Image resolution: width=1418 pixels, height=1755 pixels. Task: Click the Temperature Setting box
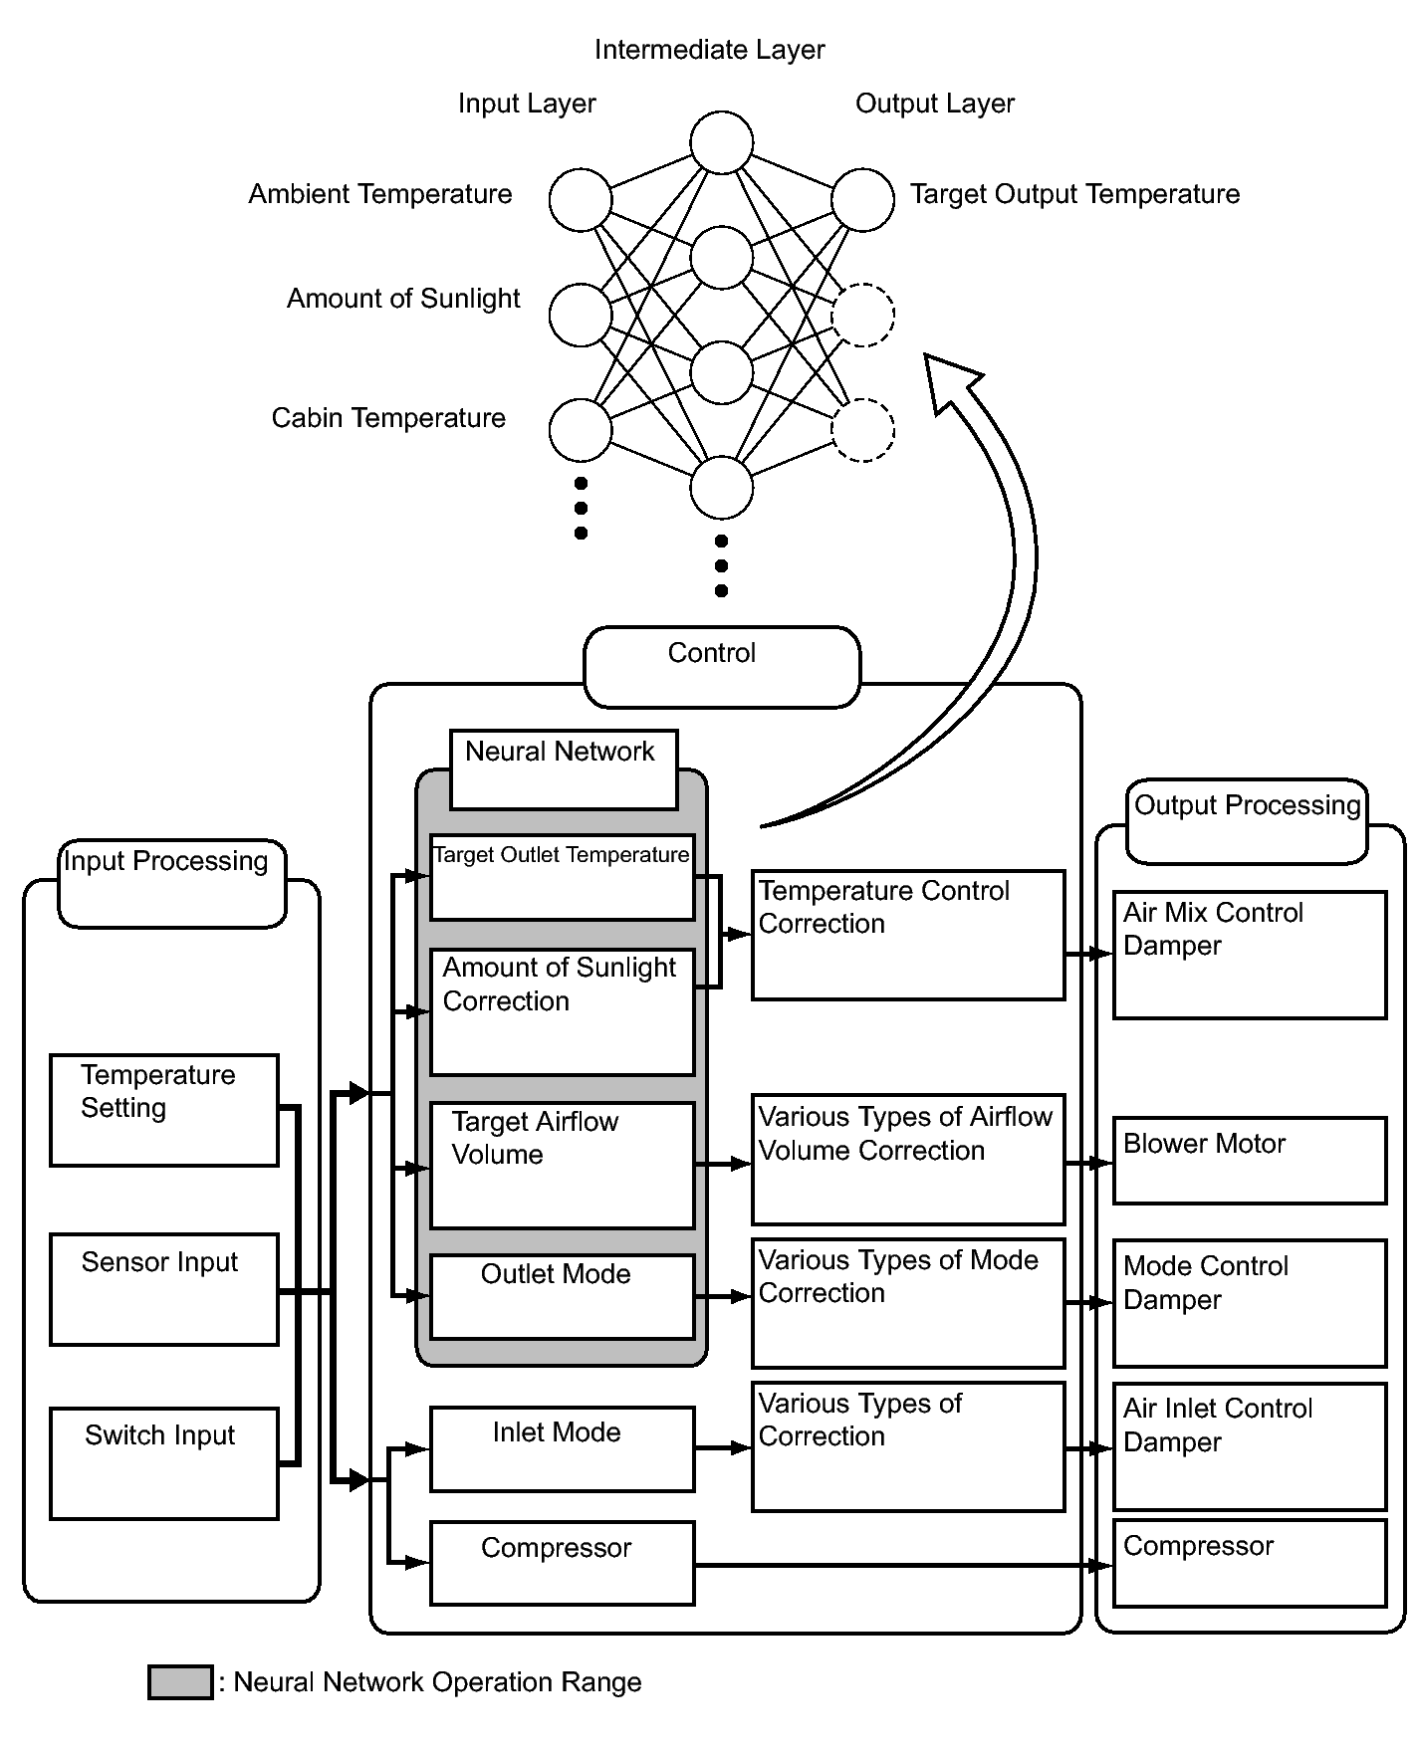(164, 1110)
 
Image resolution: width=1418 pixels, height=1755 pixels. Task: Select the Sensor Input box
(164, 1289)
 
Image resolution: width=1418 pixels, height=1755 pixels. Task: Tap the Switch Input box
(164, 1463)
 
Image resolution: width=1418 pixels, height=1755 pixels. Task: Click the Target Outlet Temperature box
(562, 877)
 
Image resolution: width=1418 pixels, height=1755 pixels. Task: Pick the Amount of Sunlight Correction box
(562, 1011)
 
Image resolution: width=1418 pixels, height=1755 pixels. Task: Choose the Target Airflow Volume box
(562, 1165)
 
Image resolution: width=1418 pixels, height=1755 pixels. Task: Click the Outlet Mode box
(562, 1296)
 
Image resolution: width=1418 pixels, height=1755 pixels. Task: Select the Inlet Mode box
(562, 1448)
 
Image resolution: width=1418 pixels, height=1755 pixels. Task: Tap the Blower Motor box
(1250, 1160)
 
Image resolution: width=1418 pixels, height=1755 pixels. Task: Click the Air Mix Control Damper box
(1250, 955)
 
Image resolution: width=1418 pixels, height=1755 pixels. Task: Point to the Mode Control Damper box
(1250, 1302)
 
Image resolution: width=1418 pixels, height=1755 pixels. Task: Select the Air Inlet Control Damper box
(1250, 1446)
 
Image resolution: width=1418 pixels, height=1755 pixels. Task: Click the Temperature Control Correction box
(908, 935)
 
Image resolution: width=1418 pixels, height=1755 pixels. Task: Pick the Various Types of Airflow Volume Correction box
(908, 1160)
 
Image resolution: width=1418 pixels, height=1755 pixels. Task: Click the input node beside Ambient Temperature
(581, 199)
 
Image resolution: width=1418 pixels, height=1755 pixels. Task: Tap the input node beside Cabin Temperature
(581, 430)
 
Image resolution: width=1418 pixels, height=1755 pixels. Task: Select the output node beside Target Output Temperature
(862, 199)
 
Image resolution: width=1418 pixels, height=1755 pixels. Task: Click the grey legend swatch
(180, 1681)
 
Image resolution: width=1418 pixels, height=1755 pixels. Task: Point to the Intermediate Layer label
(709, 50)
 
